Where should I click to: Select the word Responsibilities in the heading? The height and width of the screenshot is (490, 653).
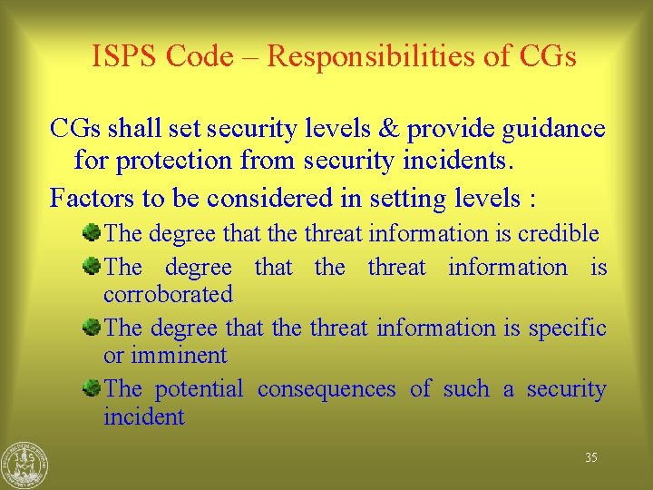(x=378, y=56)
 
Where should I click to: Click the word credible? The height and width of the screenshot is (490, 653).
(x=559, y=234)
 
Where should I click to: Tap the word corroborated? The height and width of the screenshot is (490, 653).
(x=168, y=294)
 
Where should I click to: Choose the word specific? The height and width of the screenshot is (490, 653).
(x=563, y=328)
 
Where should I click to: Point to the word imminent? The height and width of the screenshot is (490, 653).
(x=178, y=355)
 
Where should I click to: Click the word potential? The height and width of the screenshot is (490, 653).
(x=199, y=389)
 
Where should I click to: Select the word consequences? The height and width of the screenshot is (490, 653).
(x=326, y=389)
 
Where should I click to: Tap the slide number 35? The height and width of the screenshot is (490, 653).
(x=590, y=458)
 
